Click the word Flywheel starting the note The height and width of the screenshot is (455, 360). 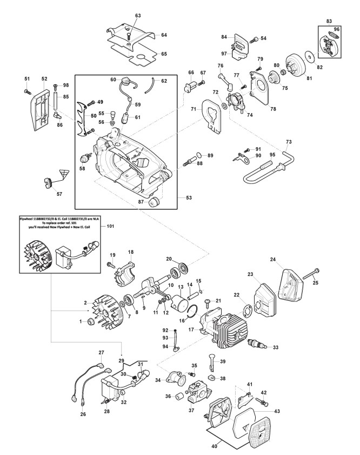28,219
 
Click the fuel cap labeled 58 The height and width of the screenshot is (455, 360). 84,158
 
